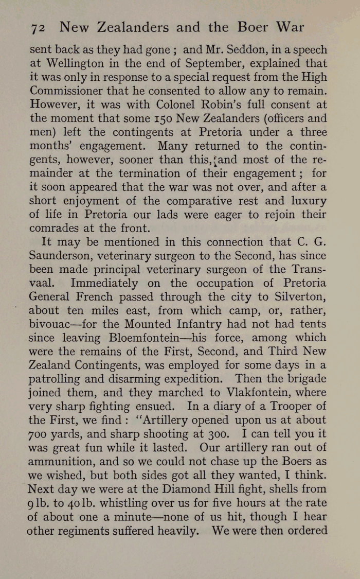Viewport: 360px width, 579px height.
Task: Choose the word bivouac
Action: [x=51, y=324]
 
